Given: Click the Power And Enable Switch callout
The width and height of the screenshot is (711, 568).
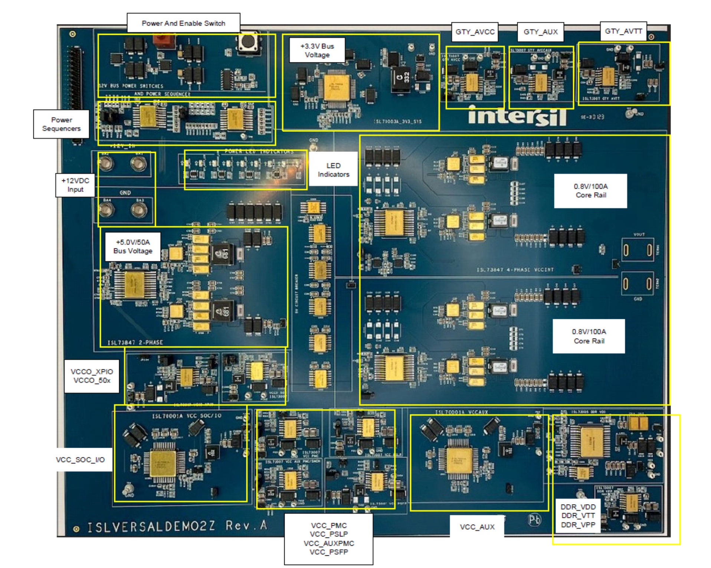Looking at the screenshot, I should [183, 23].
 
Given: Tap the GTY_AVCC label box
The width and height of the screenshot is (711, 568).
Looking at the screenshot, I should [475, 32].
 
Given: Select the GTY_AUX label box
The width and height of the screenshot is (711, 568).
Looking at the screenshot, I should [540, 32].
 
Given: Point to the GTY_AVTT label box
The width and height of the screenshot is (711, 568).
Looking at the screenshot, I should [623, 31].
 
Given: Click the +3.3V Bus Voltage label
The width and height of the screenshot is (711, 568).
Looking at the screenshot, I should [317, 50].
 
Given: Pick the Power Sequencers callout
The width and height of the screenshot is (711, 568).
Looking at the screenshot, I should [61, 124].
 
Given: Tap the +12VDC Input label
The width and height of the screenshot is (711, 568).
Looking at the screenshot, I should [75, 185].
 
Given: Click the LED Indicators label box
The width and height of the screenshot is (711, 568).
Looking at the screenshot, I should [333, 170].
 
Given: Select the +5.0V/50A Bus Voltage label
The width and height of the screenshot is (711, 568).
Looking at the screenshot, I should [133, 247].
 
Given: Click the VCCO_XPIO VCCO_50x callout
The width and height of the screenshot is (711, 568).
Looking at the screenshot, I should [92, 376].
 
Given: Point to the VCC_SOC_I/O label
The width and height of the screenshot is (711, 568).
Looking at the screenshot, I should [81, 460].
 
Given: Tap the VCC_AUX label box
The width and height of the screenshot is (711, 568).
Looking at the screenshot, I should [477, 527].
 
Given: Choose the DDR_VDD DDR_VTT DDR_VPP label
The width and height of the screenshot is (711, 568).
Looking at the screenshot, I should [578, 516].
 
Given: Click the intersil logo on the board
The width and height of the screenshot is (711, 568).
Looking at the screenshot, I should [517, 116].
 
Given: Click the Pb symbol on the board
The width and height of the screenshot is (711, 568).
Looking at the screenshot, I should [534, 519].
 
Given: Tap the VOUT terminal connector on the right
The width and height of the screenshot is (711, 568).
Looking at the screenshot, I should [638, 251].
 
